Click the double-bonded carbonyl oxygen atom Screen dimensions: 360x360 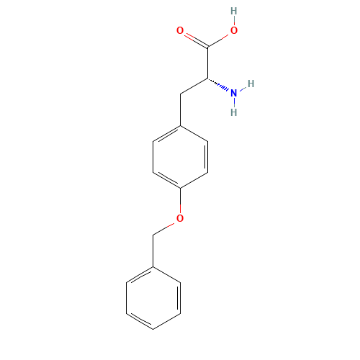(x=180, y=31)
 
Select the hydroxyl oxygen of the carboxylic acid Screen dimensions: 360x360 (x=233, y=31)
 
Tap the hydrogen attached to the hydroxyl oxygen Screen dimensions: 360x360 (x=233, y=12)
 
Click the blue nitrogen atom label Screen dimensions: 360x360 (x=233, y=93)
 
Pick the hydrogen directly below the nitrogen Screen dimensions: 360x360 (x=233, y=112)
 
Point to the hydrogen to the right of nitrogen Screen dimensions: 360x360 (x=251, y=84)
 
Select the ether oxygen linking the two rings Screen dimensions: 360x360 (x=180, y=218)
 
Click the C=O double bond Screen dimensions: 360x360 (x=193, y=39)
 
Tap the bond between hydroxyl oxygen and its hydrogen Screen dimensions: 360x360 (x=233, y=22)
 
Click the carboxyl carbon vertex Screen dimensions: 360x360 (x=207, y=48)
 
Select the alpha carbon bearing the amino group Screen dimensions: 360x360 (x=207, y=78)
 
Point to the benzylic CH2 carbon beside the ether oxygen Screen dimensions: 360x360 (x=153, y=234)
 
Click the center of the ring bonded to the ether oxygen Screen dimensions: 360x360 (x=180, y=156)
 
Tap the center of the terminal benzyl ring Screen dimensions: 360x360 (x=153, y=297)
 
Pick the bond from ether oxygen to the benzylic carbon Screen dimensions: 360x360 (x=166, y=226)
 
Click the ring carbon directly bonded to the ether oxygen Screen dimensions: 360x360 (x=180, y=187)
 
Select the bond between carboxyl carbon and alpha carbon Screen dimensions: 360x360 (x=207, y=63)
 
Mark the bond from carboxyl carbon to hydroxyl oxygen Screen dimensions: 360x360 (x=220, y=40)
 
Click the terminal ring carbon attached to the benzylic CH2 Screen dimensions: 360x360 (x=153, y=266)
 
